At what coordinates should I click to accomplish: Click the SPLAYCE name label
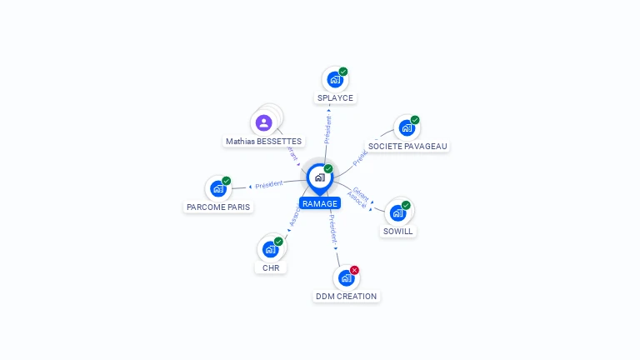(x=335, y=97)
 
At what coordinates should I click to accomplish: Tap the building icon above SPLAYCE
(x=335, y=80)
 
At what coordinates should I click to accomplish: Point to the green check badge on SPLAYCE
(x=343, y=72)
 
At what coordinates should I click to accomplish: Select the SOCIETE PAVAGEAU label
(x=407, y=146)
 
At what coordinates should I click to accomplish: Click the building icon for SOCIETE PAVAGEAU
(x=407, y=128)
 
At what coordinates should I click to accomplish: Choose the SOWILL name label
(x=397, y=231)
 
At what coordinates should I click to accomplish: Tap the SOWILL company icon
(x=397, y=212)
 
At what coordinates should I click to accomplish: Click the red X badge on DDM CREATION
(x=354, y=270)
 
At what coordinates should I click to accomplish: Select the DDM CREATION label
(x=346, y=296)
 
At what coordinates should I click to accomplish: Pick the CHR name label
(x=271, y=267)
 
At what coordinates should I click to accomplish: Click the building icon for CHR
(x=270, y=249)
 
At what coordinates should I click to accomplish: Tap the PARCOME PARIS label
(x=218, y=207)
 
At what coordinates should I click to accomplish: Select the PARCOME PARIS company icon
(x=218, y=189)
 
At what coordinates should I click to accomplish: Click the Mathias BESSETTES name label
(x=263, y=141)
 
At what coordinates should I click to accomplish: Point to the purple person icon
(x=264, y=123)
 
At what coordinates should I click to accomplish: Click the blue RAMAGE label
(x=320, y=203)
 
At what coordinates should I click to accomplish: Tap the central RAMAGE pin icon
(x=319, y=177)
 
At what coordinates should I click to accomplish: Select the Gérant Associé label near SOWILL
(x=359, y=197)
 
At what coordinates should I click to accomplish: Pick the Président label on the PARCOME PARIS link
(x=269, y=184)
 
